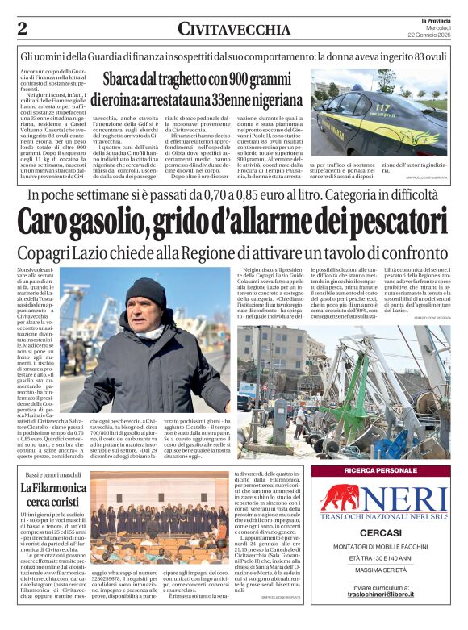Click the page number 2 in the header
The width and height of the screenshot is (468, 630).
coord(22,28)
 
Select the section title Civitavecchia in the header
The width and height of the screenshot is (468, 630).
coord(233,28)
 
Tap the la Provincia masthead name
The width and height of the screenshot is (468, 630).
coord(437,19)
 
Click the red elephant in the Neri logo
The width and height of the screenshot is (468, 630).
coord(341,497)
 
